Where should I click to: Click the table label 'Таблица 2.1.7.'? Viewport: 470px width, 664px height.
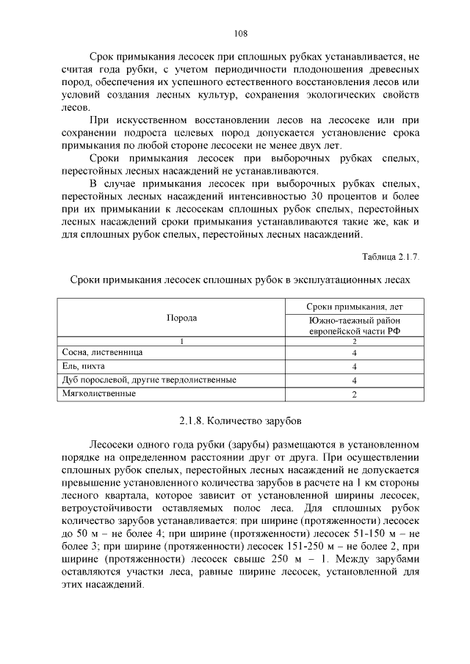click(x=391, y=257)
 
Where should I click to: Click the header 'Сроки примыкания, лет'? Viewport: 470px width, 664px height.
click(x=354, y=306)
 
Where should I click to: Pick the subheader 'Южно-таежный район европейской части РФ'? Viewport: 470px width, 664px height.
click(x=354, y=326)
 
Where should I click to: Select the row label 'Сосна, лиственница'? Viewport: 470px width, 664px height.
click(x=102, y=352)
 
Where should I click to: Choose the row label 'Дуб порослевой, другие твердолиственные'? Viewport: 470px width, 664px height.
click(x=148, y=380)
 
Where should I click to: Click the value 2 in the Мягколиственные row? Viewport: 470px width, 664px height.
click(x=354, y=395)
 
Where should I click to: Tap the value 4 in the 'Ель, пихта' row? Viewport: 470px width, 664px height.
click(x=354, y=367)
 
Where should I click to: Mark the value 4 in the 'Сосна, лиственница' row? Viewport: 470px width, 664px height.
click(x=354, y=353)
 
